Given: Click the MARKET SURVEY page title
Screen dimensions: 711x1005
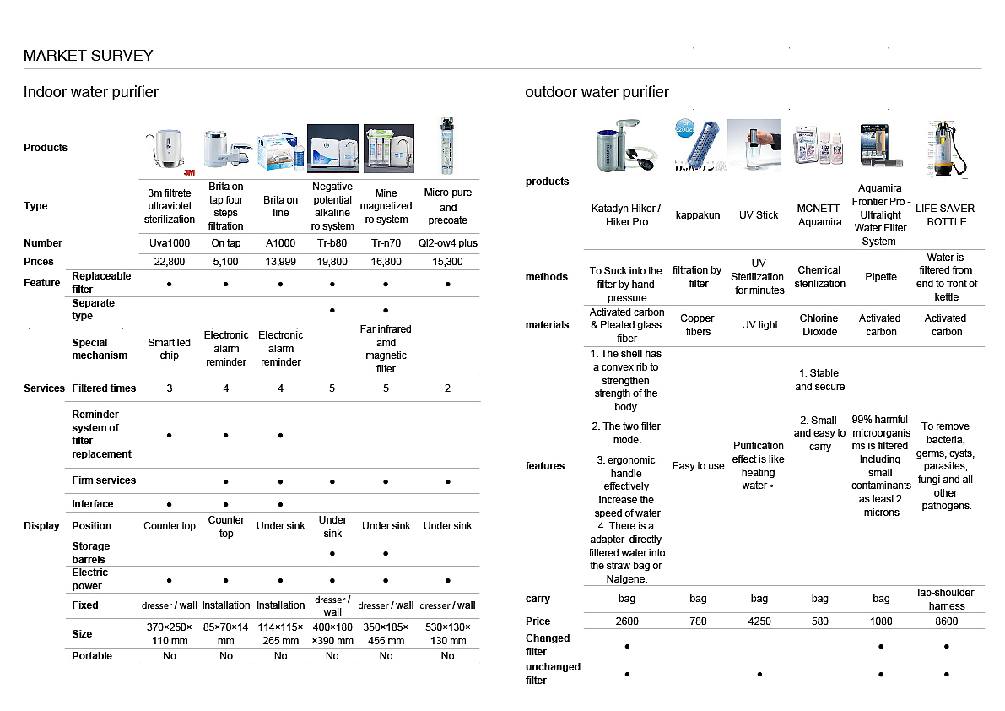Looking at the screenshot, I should [89, 56].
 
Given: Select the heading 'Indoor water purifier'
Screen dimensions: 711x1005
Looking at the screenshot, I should [91, 92].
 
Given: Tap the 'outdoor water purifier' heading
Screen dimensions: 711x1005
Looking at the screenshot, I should [597, 92].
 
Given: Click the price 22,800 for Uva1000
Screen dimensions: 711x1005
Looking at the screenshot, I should [169, 262].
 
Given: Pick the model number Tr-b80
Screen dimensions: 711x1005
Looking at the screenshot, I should [332, 243].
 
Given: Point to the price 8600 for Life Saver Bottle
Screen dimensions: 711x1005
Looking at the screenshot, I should [946, 621].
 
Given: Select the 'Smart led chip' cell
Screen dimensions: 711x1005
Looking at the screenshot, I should [169, 349].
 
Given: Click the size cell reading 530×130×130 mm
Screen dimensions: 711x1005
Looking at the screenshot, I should [447, 633].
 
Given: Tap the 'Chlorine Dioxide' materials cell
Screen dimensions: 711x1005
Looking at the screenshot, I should [819, 325].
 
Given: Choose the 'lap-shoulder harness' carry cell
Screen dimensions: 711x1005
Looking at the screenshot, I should [946, 599].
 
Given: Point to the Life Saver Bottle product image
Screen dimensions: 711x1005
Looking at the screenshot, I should [946, 148].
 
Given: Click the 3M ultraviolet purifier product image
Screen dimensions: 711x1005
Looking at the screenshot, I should [169, 150].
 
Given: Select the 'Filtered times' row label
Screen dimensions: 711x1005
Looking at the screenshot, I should [104, 388].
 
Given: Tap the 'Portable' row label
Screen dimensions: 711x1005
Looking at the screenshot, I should [92, 656].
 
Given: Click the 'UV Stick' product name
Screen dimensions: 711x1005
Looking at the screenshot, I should [759, 215].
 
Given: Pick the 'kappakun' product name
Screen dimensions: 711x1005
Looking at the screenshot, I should [698, 215].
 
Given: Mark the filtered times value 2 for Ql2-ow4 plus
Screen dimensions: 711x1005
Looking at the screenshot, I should [447, 388].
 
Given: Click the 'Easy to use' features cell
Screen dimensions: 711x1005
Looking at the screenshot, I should [698, 466].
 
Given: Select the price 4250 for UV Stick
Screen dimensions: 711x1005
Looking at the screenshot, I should [759, 621].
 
